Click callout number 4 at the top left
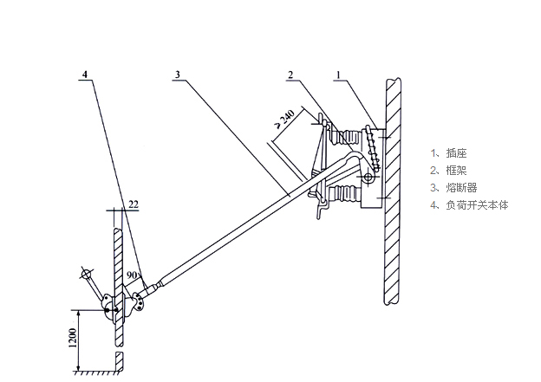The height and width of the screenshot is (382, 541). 84,74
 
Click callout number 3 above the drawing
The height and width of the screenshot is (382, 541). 177,74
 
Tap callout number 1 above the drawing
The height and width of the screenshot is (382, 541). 340,74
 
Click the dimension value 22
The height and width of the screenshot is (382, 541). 133,204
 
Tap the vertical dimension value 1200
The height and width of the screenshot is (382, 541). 73,343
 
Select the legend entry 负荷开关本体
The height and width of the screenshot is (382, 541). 469,205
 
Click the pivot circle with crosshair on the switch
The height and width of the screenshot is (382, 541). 368,178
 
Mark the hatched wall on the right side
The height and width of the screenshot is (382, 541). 393,191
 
